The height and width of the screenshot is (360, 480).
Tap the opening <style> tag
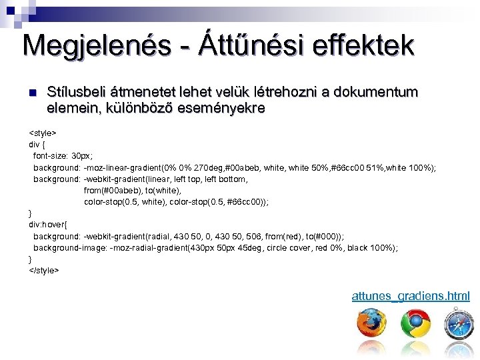tap(43, 133)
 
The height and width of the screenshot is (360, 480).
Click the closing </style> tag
tap(44, 270)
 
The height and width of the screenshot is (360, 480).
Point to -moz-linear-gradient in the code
tap(127, 167)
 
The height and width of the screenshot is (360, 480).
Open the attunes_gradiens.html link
tap(411, 296)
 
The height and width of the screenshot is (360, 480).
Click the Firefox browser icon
tap(371, 325)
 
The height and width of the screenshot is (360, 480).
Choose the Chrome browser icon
tap(415, 325)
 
